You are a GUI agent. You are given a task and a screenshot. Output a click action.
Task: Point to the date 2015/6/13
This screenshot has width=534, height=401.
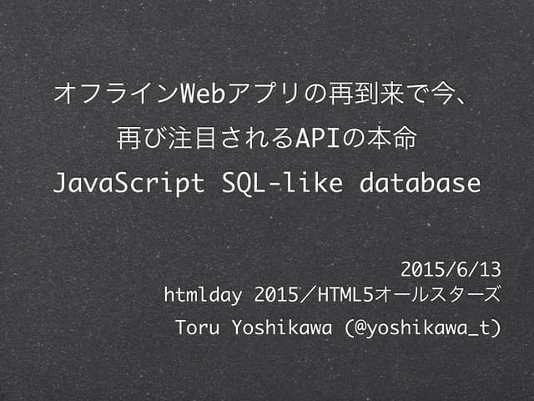coord(451,269)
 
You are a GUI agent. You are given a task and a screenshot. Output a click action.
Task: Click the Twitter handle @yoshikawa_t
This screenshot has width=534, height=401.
coord(422,327)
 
